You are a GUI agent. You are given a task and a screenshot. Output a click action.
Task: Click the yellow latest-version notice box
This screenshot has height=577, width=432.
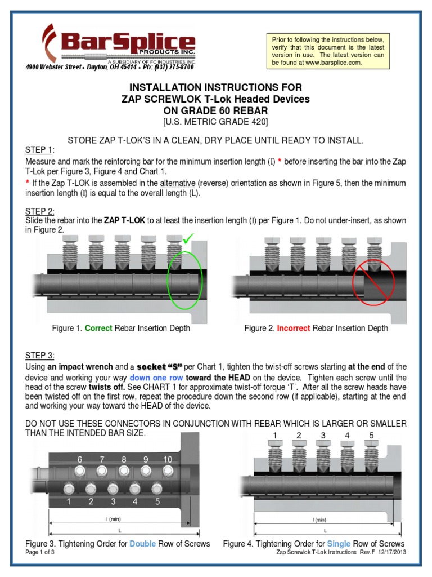(x=329, y=51)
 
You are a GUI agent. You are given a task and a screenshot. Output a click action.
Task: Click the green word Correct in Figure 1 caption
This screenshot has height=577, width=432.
(x=98, y=329)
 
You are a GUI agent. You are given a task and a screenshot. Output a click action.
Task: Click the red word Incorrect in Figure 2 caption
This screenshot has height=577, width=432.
(x=293, y=329)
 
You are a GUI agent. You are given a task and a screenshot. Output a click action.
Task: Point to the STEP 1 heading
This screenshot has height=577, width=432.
(x=39, y=149)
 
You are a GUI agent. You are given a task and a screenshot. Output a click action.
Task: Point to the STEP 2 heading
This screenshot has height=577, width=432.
(x=39, y=210)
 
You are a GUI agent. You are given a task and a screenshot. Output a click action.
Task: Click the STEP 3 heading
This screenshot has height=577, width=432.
(x=39, y=355)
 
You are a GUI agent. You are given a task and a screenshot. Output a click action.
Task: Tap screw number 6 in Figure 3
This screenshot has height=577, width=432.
(x=80, y=471)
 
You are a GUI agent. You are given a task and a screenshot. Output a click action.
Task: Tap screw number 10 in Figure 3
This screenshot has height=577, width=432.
(x=167, y=471)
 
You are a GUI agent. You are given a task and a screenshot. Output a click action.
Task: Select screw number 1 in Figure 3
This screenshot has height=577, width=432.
(x=69, y=488)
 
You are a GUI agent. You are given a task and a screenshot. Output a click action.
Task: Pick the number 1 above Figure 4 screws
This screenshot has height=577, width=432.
(x=274, y=435)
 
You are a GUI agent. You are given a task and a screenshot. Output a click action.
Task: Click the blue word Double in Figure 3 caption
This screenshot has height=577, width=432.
(x=142, y=544)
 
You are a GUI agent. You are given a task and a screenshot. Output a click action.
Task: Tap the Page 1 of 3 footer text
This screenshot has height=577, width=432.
(x=41, y=552)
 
